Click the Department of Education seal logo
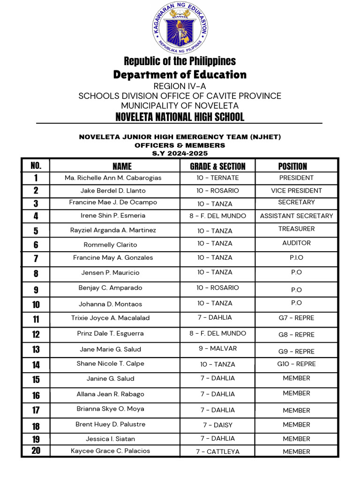click(x=180, y=28)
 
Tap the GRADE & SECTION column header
click(x=217, y=166)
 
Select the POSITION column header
click(x=292, y=166)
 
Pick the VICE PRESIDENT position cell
click(x=296, y=191)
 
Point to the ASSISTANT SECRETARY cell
click(x=296, y=216)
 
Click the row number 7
click(x=36, y=259)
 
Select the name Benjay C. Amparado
click(x=110, y=288)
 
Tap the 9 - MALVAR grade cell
click(x=217, y=349)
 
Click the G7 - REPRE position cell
click(x=296, y=318)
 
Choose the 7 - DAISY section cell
click(x=217, y=425)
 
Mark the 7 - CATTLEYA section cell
click(x=217, y=452)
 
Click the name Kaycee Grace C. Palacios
click(x=111, y=451)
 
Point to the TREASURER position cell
click(x=296, y=229)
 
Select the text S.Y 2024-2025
click(x=180, y=153)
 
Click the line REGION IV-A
click(x=180, y=86)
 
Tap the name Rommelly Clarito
click(x=110, y=245)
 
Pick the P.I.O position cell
click(x=296, y=257)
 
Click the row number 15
click(x=36, y=380)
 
